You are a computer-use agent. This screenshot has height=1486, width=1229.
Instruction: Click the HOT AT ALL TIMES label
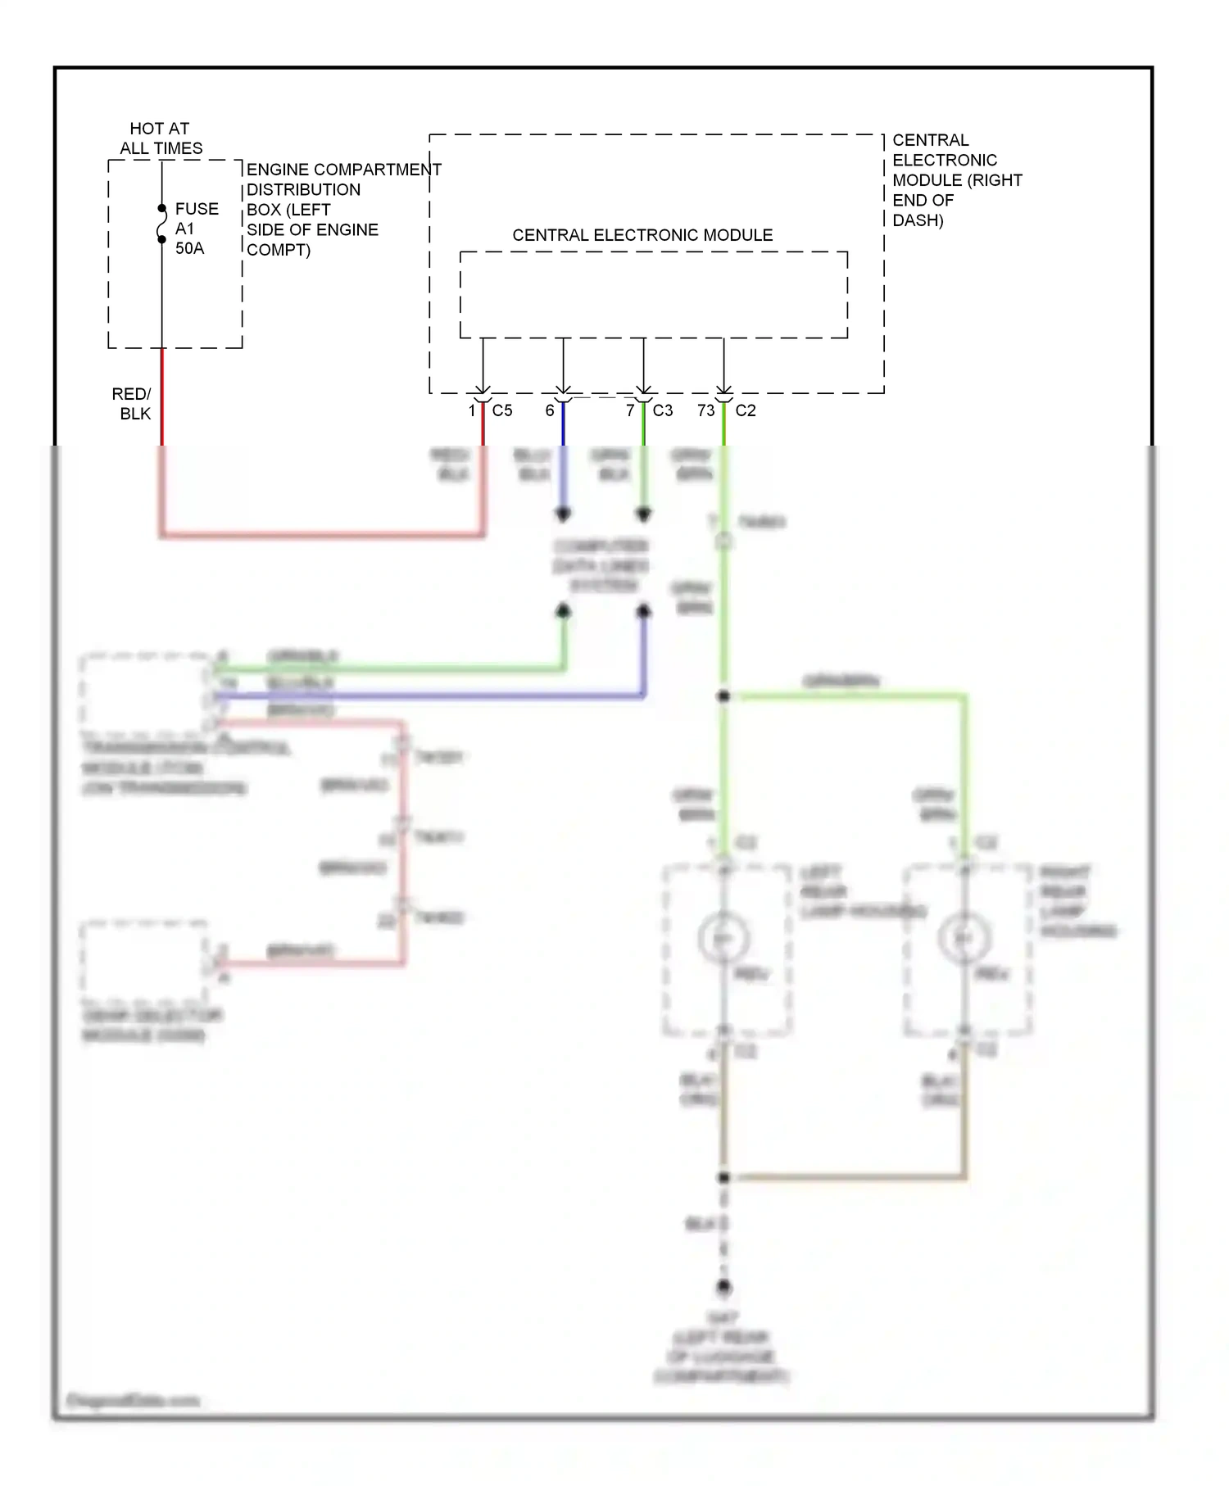[x=161, y=138]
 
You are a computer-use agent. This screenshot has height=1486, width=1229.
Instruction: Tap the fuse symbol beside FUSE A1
[x=161, y=224]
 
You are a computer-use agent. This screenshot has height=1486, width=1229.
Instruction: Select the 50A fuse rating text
[x=189, y=248]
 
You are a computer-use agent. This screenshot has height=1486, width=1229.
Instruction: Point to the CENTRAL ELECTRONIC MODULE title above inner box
[x=642, y=235]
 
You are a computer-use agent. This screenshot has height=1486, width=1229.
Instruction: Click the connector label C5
[x=502, y=410]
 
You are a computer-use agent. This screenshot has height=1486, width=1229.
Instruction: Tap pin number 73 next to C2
[x=705, y=410]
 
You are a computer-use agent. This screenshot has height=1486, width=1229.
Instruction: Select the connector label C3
[x=663, y=410]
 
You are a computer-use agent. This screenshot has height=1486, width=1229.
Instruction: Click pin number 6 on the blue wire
[x=550, y=410]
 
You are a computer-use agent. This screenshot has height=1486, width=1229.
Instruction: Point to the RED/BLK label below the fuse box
[x=134, y=404]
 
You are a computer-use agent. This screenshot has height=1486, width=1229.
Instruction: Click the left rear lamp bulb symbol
[x=723, y=938]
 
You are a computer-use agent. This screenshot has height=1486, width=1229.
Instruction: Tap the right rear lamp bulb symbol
[x=964, y=938]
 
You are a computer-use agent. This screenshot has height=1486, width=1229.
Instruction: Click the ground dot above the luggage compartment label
[x=723, y=1288]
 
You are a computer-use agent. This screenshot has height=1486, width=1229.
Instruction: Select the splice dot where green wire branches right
[x=723, y=696]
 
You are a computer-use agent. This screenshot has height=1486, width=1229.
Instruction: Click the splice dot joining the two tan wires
[x=723, y=1177]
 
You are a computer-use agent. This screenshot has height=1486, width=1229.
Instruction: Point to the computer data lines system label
[x=601, y=565]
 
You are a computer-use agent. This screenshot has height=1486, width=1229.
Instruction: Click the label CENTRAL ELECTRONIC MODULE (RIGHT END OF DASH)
[x=955, y=180]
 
